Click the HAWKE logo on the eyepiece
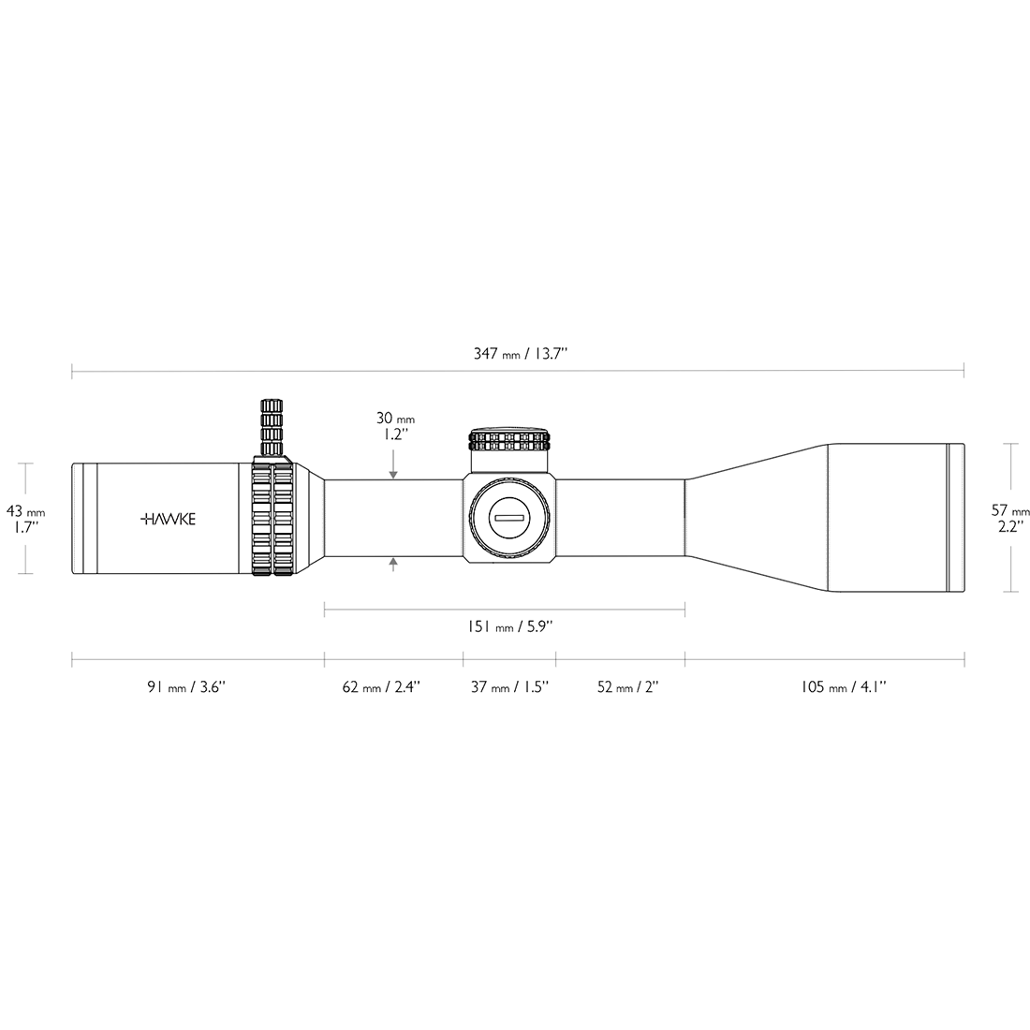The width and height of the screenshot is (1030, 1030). pos(169,520)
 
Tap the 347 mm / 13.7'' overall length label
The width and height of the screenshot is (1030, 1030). pos(521,354)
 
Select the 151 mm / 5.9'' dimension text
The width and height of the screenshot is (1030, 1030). pos(509,626)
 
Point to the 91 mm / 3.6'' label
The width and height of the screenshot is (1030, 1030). pos(186,687)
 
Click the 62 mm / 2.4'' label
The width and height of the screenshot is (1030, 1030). pos(381,687)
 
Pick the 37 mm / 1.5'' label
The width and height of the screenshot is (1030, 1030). pos(509,687)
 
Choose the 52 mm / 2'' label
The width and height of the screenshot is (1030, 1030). pos(628,687)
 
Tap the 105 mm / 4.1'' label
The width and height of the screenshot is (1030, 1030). pos(844,687)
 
